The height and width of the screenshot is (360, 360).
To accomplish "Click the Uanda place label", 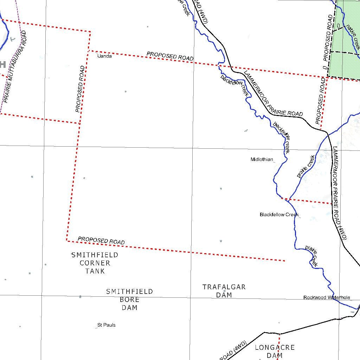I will [x=104, y=56].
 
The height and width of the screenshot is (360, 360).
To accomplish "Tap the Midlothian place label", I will [x=262, y=160].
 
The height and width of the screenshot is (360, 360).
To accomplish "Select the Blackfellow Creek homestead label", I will [x=279, y=214].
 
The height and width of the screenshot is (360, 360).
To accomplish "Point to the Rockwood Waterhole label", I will [x=327, y=297].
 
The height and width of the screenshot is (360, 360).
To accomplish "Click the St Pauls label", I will [x=106, y=325].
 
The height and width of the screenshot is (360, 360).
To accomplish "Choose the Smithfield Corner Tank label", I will [x=95, y=263].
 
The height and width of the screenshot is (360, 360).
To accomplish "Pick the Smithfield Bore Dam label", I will [x=129, y=300].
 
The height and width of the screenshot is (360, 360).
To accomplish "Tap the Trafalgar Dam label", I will [x=224, y=291].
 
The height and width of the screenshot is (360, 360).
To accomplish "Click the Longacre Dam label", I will [x=275, y=351].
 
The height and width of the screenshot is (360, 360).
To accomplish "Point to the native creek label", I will [x=353, y=37].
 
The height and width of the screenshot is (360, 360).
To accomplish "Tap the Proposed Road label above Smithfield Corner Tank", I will [x=101, y=240].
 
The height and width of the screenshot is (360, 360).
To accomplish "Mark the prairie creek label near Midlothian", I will [x=306, y=167].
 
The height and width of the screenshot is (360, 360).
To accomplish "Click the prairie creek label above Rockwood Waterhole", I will [x=312, y=256].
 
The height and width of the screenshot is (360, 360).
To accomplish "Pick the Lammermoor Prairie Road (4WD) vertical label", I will [x=340, y=193].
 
